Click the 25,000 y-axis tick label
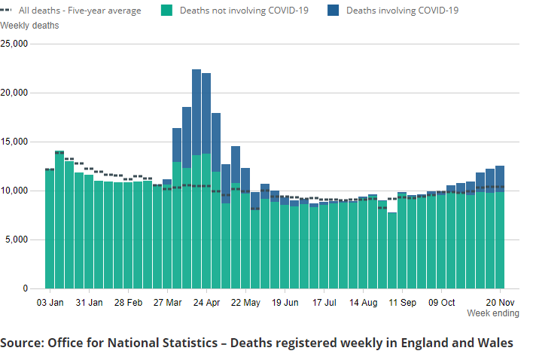pyautogui.click(x=14, y=44)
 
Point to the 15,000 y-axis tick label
pyautogui.click(x=14, y=142)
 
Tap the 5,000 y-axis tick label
pyautogui.click(x=17, y=239)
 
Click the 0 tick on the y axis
pyautogui.click(x=24, y=288)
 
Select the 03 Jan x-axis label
pyautogui.click(x=50, y=303)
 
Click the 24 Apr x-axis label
pyautogui.click(x=206, y=303)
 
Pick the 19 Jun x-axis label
pyautogui.click(x=285, y=303)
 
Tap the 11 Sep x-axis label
pyautogui.click(x=402, y=303)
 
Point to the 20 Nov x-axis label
pyautogui.click(x=500, y=303)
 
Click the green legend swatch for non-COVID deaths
pyautogui.click(x=167, y=11)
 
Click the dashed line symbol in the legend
pyautogui.click(x=10, y=11)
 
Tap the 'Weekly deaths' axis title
pyautogui.click(x=29, y=26)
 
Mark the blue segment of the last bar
pyautogui.click(x=500, y=178)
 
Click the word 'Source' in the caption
pyautogui.click(x=20, y=343)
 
